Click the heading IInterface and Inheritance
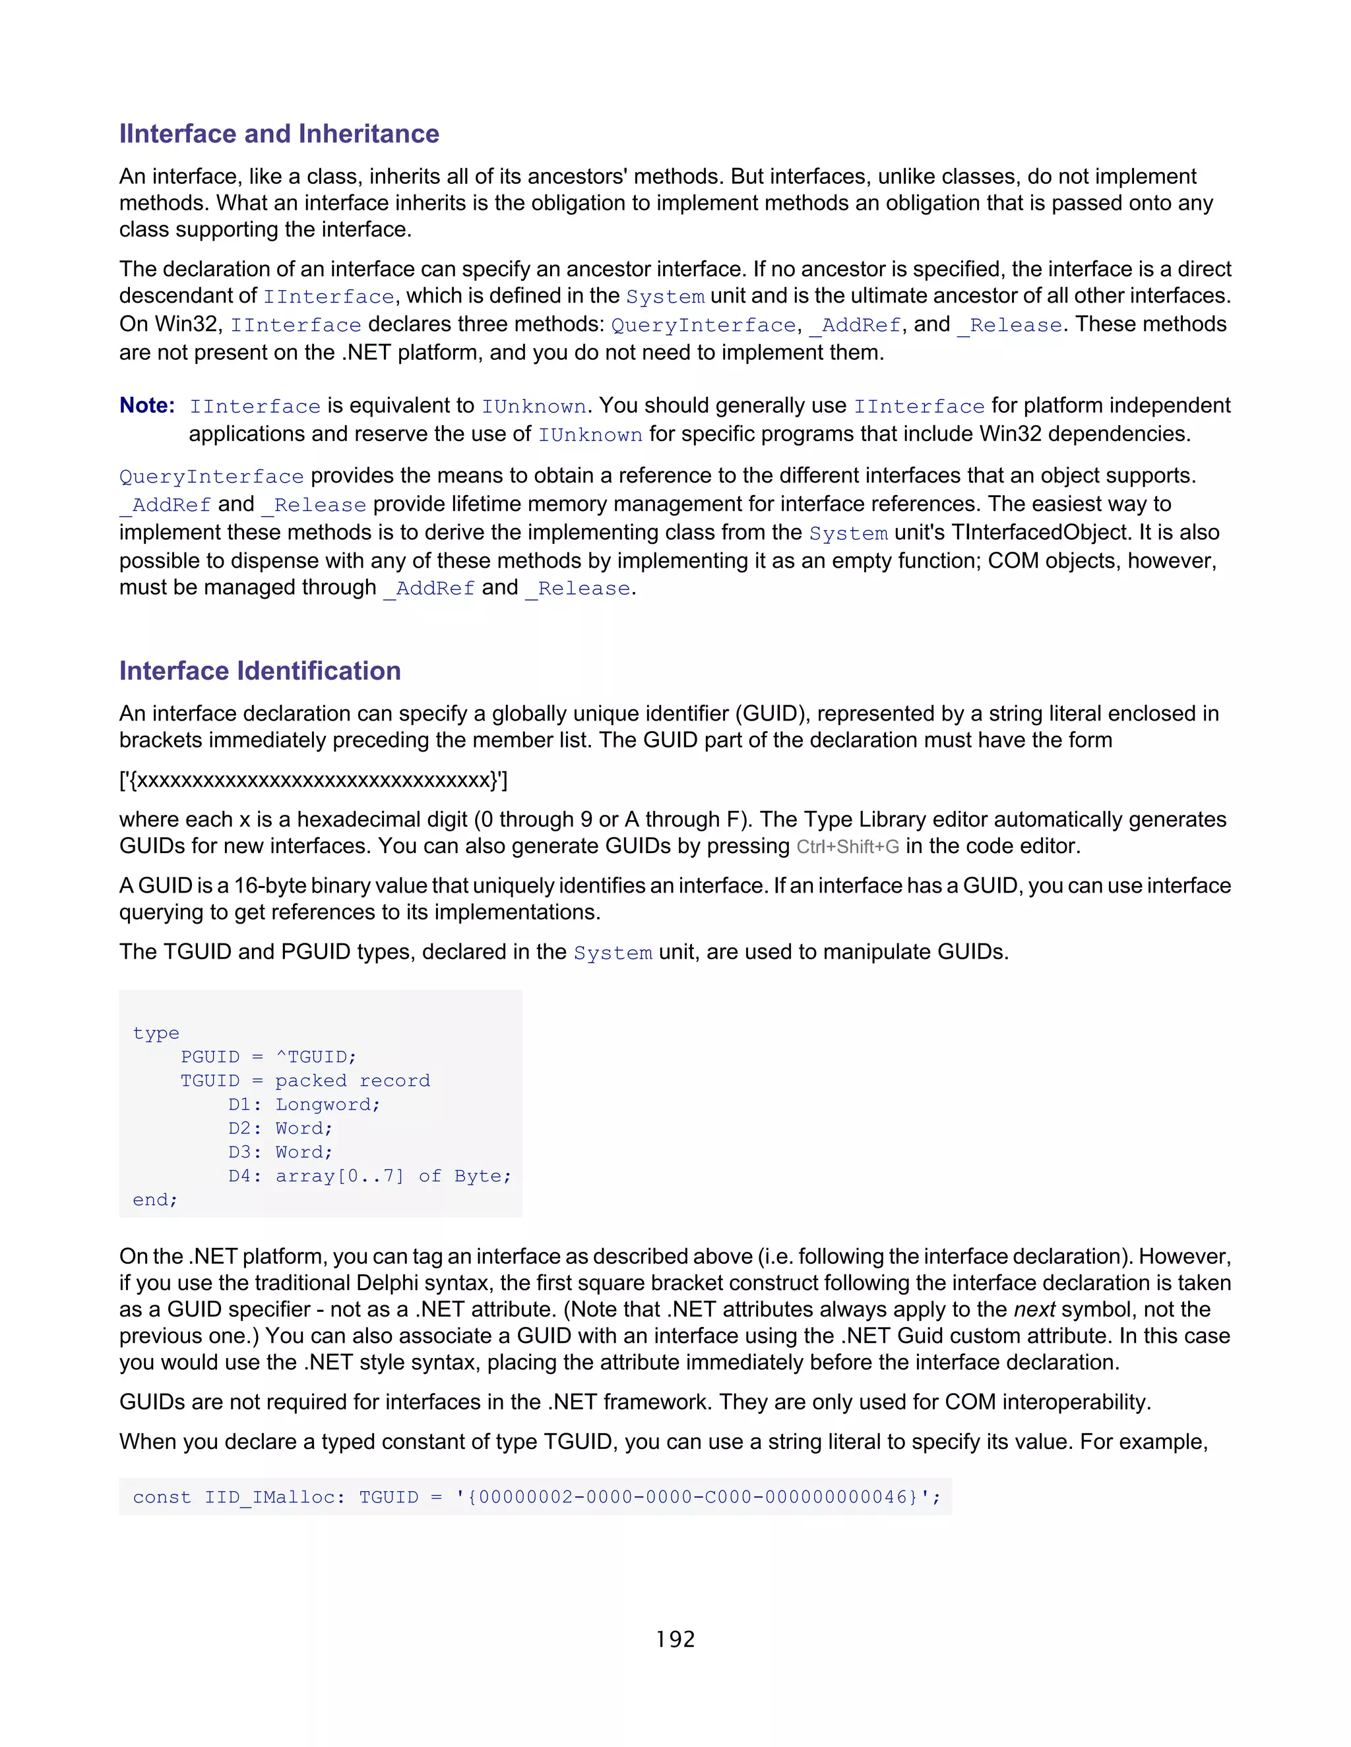[278, 134]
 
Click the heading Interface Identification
[259, 670]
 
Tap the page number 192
[675, 1639]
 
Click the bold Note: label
[146, 405]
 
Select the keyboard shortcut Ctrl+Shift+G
[848, 847]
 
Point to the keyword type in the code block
[156, 1034]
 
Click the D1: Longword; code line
[304, 1105]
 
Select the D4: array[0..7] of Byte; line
[369, 1176]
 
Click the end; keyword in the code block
[154, 1200]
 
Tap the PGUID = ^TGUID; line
[268, 1057]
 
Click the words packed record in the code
[352, 1081]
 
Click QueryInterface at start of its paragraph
[211, 477]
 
